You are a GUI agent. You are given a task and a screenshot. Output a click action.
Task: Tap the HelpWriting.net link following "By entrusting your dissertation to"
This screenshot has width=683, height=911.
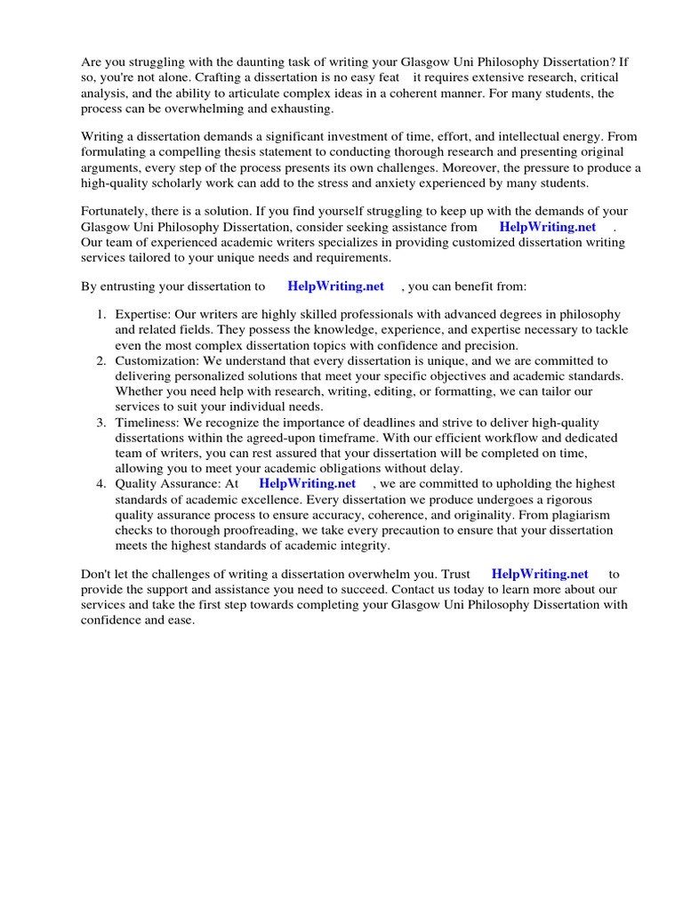[x=336, y=286]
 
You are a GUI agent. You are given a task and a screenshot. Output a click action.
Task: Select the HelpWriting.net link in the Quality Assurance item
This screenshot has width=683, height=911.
[x=307, y=484]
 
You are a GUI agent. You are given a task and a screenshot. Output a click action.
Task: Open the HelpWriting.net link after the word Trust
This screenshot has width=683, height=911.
[x=540, y=575]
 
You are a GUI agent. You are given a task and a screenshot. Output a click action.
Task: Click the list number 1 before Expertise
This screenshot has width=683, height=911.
[x=101, y=315]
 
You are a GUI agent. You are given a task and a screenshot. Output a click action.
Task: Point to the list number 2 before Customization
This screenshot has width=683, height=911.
[x=101, y=361]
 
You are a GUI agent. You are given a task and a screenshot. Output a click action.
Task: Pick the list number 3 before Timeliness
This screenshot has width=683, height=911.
[x=101, y=422]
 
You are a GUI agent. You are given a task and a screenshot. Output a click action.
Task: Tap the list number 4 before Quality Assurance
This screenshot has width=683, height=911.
[x=101, y=484]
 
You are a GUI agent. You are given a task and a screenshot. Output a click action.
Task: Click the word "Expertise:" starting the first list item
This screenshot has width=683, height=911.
[x=143, y=315]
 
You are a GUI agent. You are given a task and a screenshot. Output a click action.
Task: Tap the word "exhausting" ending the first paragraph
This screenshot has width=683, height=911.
[x=301, y=109]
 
